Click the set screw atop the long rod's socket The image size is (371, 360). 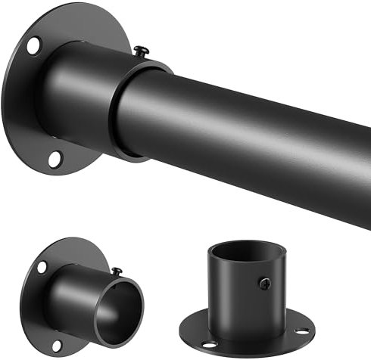pyautogui.click(x=142, y=51)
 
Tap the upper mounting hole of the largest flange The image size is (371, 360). pyautogui.click(x=34, y=45)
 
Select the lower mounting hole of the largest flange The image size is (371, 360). pyautogui.click(x=55, y=158)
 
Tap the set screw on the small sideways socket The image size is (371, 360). pyautogui.click(x=117, y=270)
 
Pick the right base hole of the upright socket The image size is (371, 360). pyautogui.click(x=302, y=331)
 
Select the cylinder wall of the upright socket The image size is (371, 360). pyautogui.click(x=235, y=291)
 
